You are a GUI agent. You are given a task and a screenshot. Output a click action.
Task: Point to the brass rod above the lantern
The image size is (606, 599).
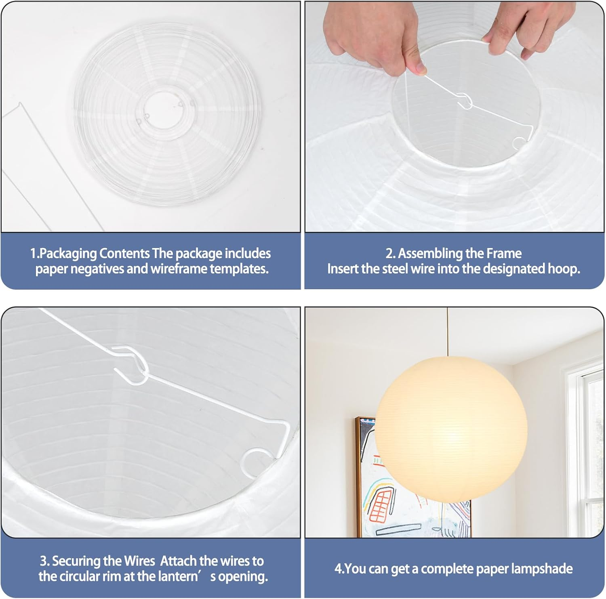coord(447,331)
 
